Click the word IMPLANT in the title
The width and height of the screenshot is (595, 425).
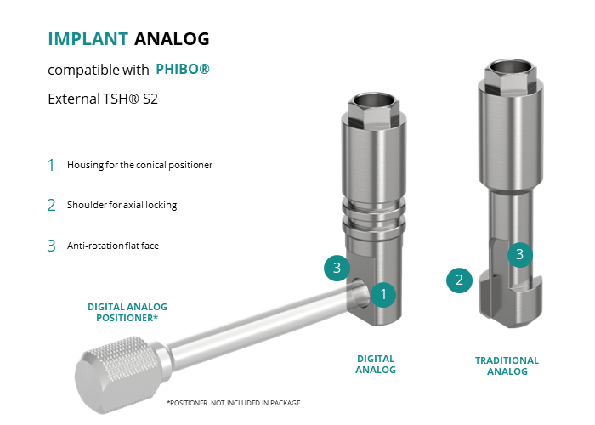88,39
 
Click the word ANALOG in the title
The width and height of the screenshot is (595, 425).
172,39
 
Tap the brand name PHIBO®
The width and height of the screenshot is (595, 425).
183,69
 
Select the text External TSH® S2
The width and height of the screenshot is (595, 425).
103,99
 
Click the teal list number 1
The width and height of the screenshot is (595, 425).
51,165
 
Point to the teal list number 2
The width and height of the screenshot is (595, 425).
51,206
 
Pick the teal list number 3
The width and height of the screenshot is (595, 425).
51,246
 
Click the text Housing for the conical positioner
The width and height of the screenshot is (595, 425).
139,165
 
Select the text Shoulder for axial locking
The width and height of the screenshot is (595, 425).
122,205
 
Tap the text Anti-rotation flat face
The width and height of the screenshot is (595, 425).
113,246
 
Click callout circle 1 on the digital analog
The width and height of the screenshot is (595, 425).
383,294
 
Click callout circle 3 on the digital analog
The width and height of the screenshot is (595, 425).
337,268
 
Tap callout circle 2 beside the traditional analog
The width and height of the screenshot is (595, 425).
459,280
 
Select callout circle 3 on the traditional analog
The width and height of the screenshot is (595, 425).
520,254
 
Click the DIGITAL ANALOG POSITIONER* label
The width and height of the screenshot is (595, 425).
127,312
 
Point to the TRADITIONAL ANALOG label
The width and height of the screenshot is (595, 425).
507,365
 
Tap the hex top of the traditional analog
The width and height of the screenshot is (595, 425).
510,76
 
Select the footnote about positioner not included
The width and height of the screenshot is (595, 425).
234,403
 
